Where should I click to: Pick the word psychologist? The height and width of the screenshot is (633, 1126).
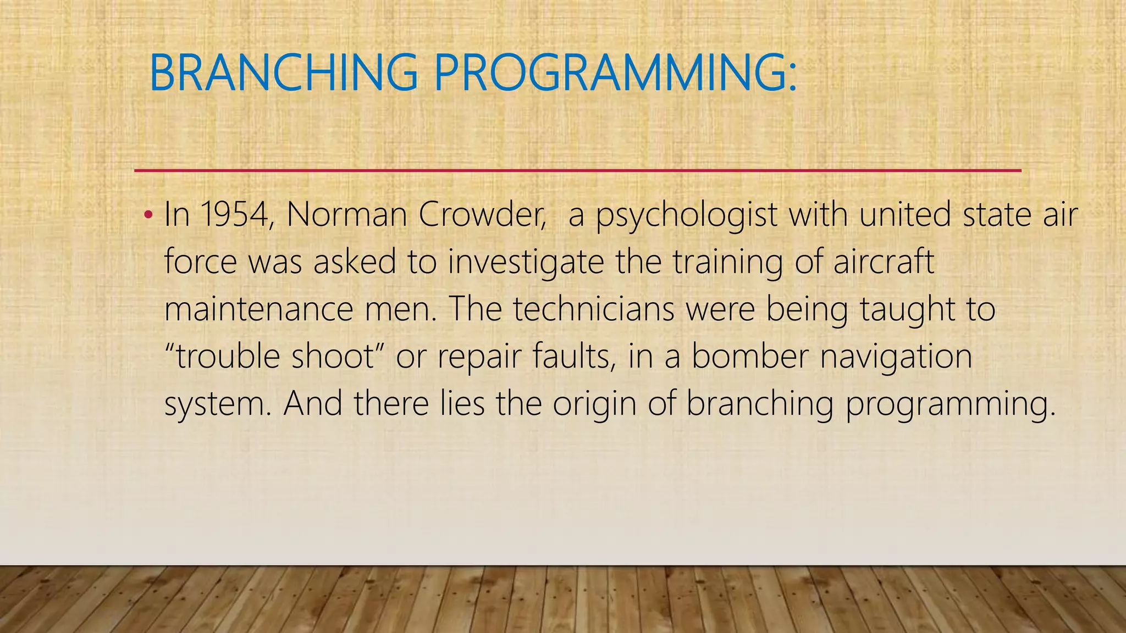[687, 215]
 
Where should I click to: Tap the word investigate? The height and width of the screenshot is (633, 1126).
[526, 262]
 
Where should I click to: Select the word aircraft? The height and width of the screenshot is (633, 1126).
[884, 261]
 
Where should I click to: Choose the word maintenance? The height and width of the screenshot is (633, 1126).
[258, 309]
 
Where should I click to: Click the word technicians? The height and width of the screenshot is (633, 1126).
[594, 309]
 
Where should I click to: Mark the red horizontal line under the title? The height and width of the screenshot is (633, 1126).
[577, 171]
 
